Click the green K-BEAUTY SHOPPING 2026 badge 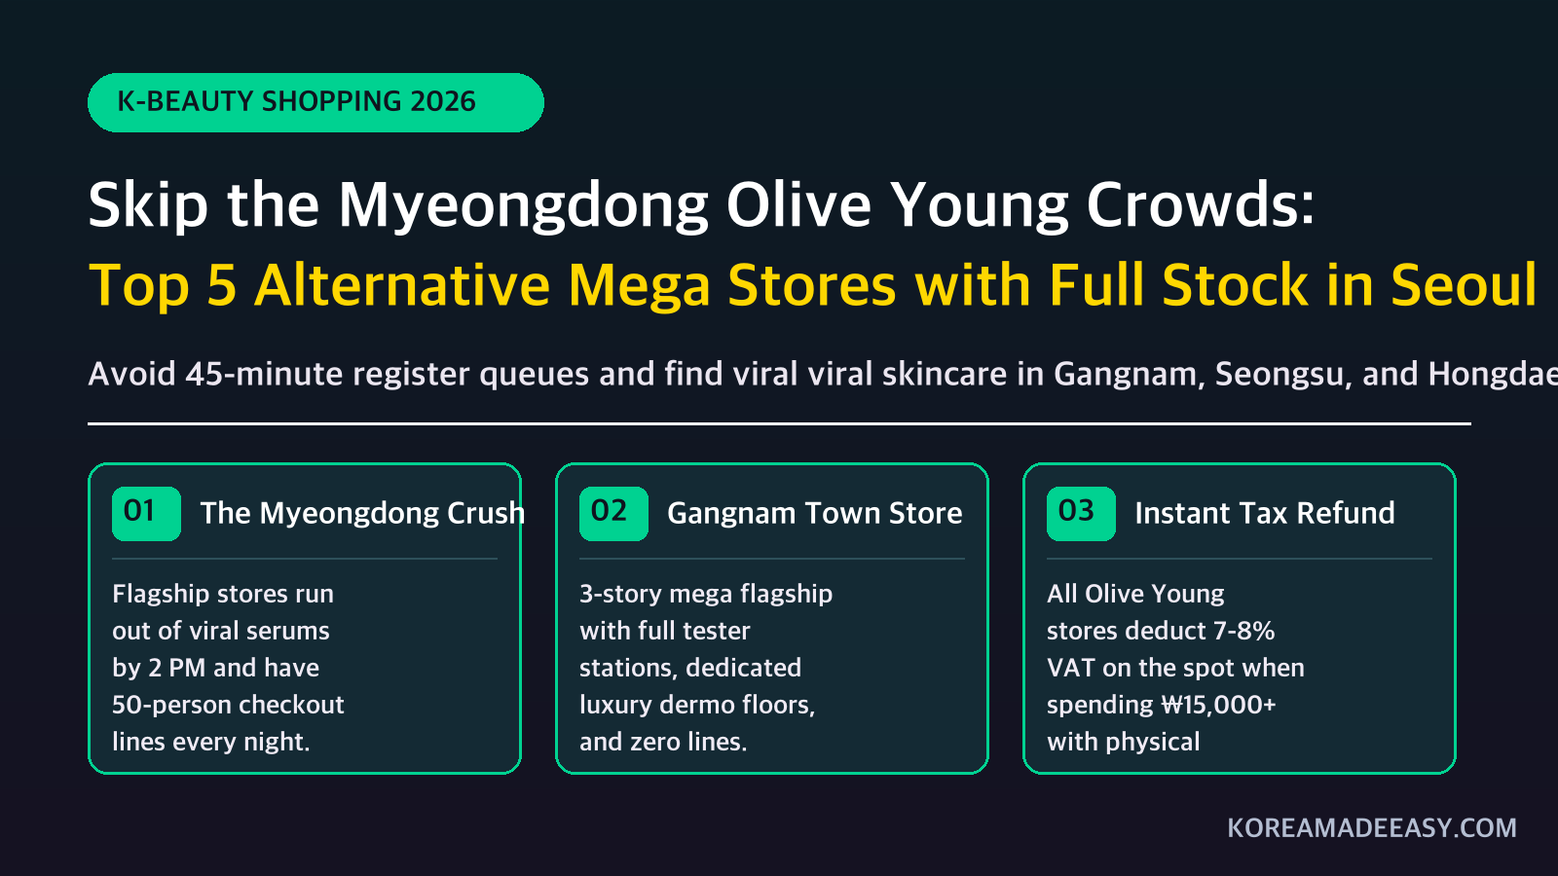tap(315, 102)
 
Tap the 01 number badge tap(146, 514)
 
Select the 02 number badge tap(613, 514)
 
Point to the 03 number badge tap(1081, 514)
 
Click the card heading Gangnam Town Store tap(814, 514)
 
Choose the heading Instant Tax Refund tap(1265, 513)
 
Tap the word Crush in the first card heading tap(486, 513)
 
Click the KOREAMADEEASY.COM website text tap(1372, 828)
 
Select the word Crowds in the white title tap(1201, 204)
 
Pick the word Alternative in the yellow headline tap(402, 284)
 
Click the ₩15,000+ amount tap(1218, 705)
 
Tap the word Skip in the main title tap(148, 205)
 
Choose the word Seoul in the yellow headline tap(1464, 284)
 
